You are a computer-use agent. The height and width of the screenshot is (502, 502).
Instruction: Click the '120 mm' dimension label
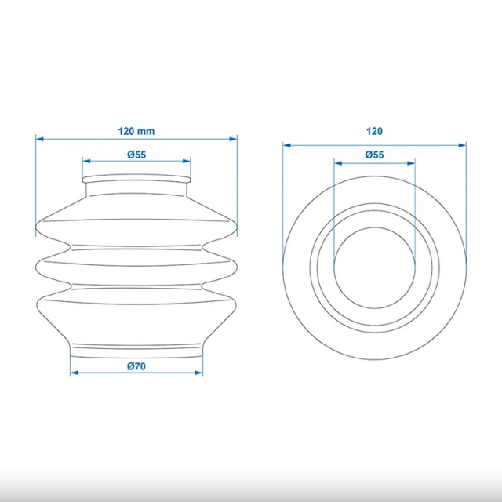(x=136, y=131)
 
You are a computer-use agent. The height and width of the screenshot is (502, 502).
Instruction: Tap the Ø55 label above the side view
(x=136, y=155)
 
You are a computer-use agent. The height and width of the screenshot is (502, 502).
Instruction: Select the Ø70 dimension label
(x=136, y=366)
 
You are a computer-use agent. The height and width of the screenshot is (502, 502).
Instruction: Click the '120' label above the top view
(x=374, y=131)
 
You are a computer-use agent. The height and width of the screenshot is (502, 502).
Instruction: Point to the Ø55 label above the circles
(x=374, y=155)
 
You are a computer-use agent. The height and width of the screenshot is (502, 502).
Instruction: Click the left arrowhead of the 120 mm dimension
(x=39, y=139)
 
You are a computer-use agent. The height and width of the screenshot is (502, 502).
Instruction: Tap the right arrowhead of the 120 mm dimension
(x=233, y=139)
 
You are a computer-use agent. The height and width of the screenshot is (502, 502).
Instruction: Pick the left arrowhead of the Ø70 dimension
(x=74, y=373)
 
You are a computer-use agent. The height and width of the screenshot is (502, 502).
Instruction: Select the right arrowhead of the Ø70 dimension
(x=198, y=373)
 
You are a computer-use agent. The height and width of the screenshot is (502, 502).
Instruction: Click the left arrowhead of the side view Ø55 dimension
(x=86, y=161)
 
